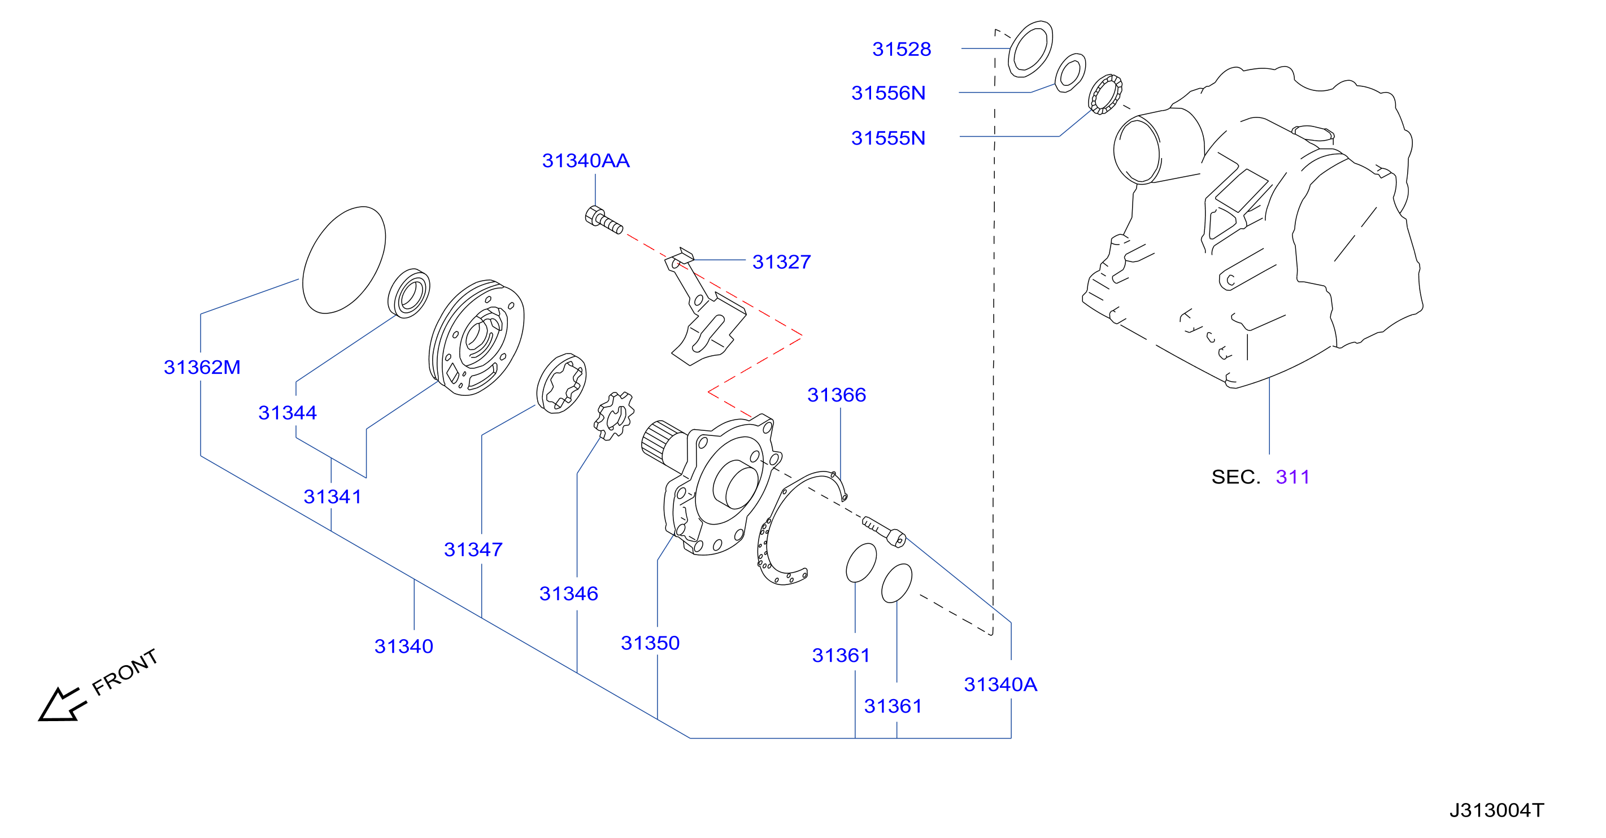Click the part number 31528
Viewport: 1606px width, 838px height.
901,49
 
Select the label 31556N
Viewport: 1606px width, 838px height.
888,93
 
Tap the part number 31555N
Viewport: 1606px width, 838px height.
888,138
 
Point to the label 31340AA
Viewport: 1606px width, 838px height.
585,161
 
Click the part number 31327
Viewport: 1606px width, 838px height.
781,261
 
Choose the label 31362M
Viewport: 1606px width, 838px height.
202,367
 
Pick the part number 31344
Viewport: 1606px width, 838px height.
288,412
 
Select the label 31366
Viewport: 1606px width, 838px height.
837,394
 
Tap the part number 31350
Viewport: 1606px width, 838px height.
650,643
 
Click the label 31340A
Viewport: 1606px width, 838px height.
1000,684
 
